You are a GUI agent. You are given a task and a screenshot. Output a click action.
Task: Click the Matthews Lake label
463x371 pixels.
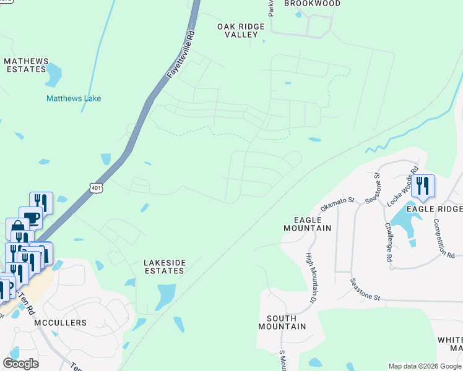73,98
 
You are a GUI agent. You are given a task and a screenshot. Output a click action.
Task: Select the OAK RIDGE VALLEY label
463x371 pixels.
241,30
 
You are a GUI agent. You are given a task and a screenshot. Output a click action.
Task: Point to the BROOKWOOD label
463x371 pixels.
312,4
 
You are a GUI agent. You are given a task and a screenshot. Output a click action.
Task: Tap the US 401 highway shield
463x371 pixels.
95,187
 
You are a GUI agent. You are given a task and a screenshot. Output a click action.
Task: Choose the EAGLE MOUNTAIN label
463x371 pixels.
307,224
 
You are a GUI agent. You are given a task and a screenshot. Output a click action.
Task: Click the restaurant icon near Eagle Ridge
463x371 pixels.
423,185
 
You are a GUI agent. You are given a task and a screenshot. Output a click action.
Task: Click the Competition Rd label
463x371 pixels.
444,238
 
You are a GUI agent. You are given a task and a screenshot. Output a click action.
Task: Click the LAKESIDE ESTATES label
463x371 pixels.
164,266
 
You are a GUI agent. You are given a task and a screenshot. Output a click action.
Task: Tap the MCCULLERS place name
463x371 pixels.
61,323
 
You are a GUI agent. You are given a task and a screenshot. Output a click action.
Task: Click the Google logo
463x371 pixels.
20,363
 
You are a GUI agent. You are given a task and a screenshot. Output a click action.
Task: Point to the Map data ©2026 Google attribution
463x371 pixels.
424,366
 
